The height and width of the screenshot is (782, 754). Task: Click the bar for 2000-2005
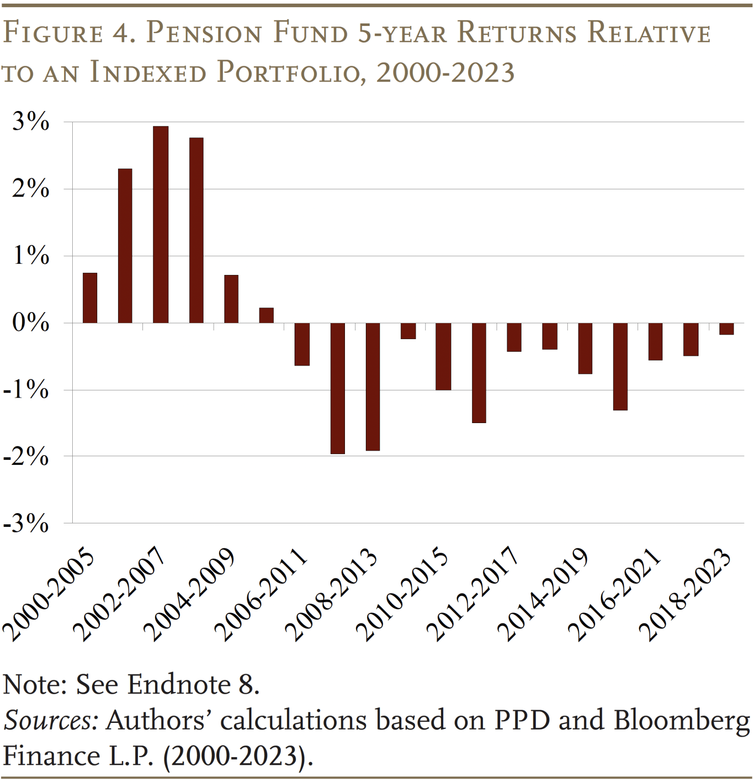[x=90, y=298]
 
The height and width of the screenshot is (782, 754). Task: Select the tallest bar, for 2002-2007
[x=161, y=225]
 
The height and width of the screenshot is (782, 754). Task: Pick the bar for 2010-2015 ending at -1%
[x=444, y=356]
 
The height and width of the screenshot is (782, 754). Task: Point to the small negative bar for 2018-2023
[x=727, y=329]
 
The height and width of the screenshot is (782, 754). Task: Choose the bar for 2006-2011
[x=302, y=344]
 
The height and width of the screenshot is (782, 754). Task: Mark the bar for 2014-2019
[x=585, y=348]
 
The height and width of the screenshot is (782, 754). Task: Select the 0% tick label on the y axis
[x=31, y=323]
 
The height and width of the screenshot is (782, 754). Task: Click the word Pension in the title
[x=204, y=33]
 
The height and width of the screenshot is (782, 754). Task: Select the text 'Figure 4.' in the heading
[x=69, y=33]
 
